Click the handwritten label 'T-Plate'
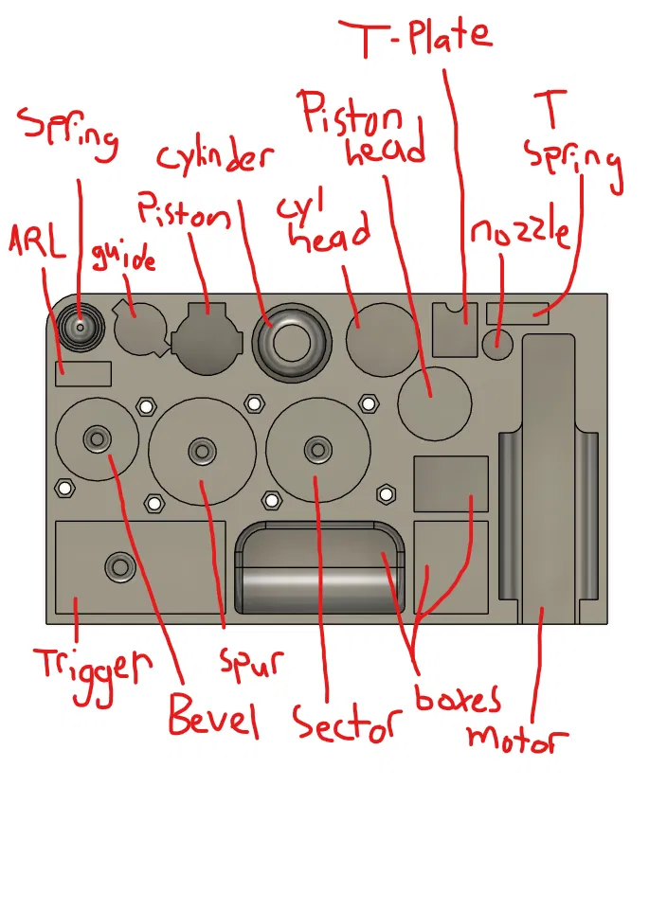click(x=416, y=37)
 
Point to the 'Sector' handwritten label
click(x=343, y=725)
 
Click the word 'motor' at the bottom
click(x=517, y=737)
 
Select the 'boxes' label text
click(x=458, y=698)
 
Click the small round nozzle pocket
click(x=497, y=343)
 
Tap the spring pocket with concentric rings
click(x=81, y=327)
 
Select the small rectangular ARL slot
click(x=84, y=373)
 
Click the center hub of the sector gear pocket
click(x=316, y=447)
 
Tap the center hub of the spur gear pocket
click(x=201, y=450)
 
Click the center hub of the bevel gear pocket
click(x=96, y=438)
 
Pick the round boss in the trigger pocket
click(x=119, y=566)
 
